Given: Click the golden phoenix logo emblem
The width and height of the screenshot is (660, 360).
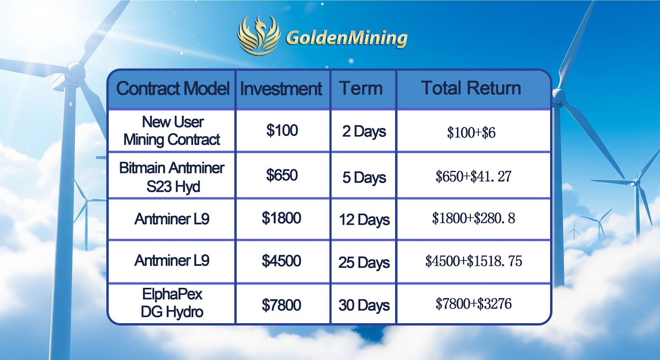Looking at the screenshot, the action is [x=259, y=35].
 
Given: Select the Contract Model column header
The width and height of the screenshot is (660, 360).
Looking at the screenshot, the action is [x=173, y=88].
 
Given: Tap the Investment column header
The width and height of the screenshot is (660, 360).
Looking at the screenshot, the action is [x=281, y=89].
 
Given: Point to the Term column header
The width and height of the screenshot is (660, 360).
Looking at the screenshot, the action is [x=361, y=88].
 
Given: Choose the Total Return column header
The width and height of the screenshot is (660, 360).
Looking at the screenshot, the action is [x=471, y=88].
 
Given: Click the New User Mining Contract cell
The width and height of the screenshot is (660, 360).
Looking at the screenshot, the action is [x=172, y=131].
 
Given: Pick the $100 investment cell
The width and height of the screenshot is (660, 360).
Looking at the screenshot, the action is [x=282, y=130].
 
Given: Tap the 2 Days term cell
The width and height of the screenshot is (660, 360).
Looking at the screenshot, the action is [x=364, y=132].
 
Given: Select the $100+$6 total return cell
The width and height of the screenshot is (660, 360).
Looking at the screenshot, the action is [x=471, y=132].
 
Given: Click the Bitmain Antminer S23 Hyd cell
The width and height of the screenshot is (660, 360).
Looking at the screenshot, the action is [x=172, y=177].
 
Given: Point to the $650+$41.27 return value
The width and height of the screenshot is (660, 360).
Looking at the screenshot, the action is [x=473, y=176].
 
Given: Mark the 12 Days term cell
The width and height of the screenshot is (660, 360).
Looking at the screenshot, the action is [x=364, y=220].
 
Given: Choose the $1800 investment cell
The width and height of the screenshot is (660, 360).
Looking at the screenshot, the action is [x=281, y=218].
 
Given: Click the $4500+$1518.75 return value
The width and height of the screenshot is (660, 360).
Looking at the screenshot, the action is [x=474, y=261].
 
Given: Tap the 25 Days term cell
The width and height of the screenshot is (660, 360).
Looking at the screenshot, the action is [x=364, y=263].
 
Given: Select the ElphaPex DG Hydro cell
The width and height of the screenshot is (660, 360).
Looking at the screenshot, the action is [x=172, y=303].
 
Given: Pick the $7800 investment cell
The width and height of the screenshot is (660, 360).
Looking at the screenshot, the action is [x=281, y=305].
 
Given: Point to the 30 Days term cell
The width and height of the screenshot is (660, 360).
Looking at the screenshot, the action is [x=364, y=305].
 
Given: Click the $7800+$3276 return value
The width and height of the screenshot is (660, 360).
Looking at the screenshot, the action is [x=474, y=304].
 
